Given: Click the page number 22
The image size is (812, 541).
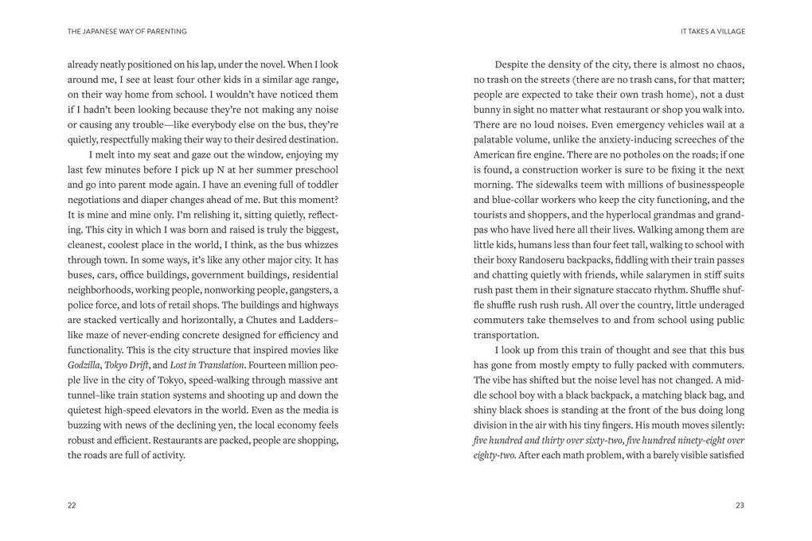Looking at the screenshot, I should [x=72, y=505].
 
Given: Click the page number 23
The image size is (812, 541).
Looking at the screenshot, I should [x=740, y=505].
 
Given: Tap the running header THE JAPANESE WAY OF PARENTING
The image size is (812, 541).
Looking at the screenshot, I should [x=127, y=32].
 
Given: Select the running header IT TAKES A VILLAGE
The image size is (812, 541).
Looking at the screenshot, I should [x=712, y=32].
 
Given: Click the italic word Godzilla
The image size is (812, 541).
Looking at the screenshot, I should [x=84, y=365].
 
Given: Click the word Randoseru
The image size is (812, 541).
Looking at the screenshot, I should [x=536, y=260].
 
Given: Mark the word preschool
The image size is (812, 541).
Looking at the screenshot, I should [x=315, y=169].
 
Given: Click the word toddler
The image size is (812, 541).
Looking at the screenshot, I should [x=318, y=185].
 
